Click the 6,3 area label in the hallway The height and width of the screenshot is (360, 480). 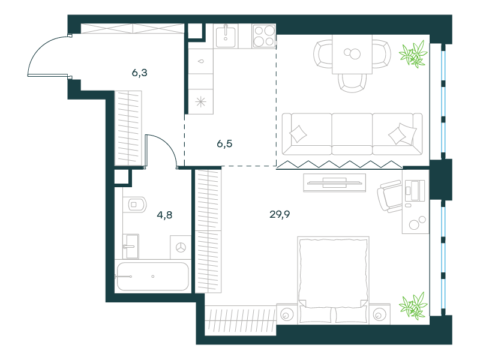click(x=140, y=73)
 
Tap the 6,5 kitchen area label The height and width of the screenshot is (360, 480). click(x=224, y=143)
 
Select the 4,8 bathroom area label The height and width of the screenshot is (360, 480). click(x=164, y=215)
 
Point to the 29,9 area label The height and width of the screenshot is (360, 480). click(x=280, y=214)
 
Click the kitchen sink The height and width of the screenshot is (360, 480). click(x=226, y=36)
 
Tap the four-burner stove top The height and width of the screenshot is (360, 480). click(x=264, y=36)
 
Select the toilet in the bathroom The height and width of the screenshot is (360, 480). click(x=134, y=204)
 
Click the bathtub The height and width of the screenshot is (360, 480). click(x=152, y=276)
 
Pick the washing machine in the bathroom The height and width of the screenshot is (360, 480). click(x=181, y=247)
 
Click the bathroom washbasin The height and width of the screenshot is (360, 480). click(x=131, y=247)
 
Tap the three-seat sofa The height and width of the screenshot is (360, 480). click(x=352, y=134)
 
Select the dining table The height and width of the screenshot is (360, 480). click(x=352, y=54)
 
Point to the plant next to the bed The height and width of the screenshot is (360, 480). click(x=413, y=305)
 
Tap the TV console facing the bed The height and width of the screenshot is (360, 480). click(x=335, y=183)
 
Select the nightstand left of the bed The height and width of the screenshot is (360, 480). click(x=287, y=314)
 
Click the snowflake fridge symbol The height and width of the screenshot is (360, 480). click(x=201, y=101)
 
